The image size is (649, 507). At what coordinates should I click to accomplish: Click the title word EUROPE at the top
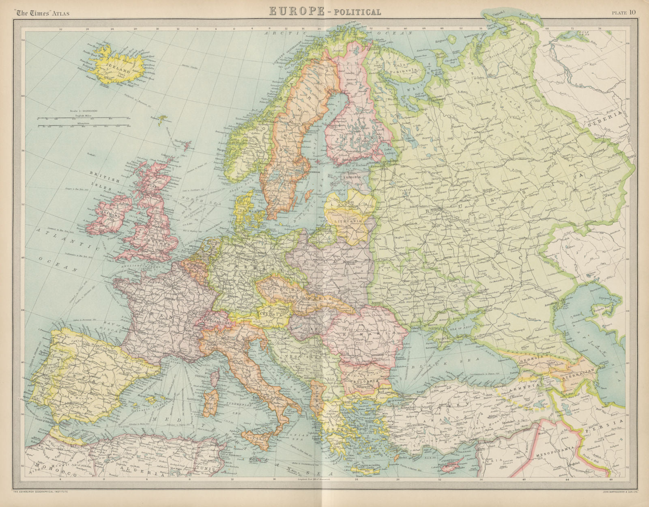pos(297,11)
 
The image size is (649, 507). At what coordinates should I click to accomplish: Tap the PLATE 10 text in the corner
pos(624,12)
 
